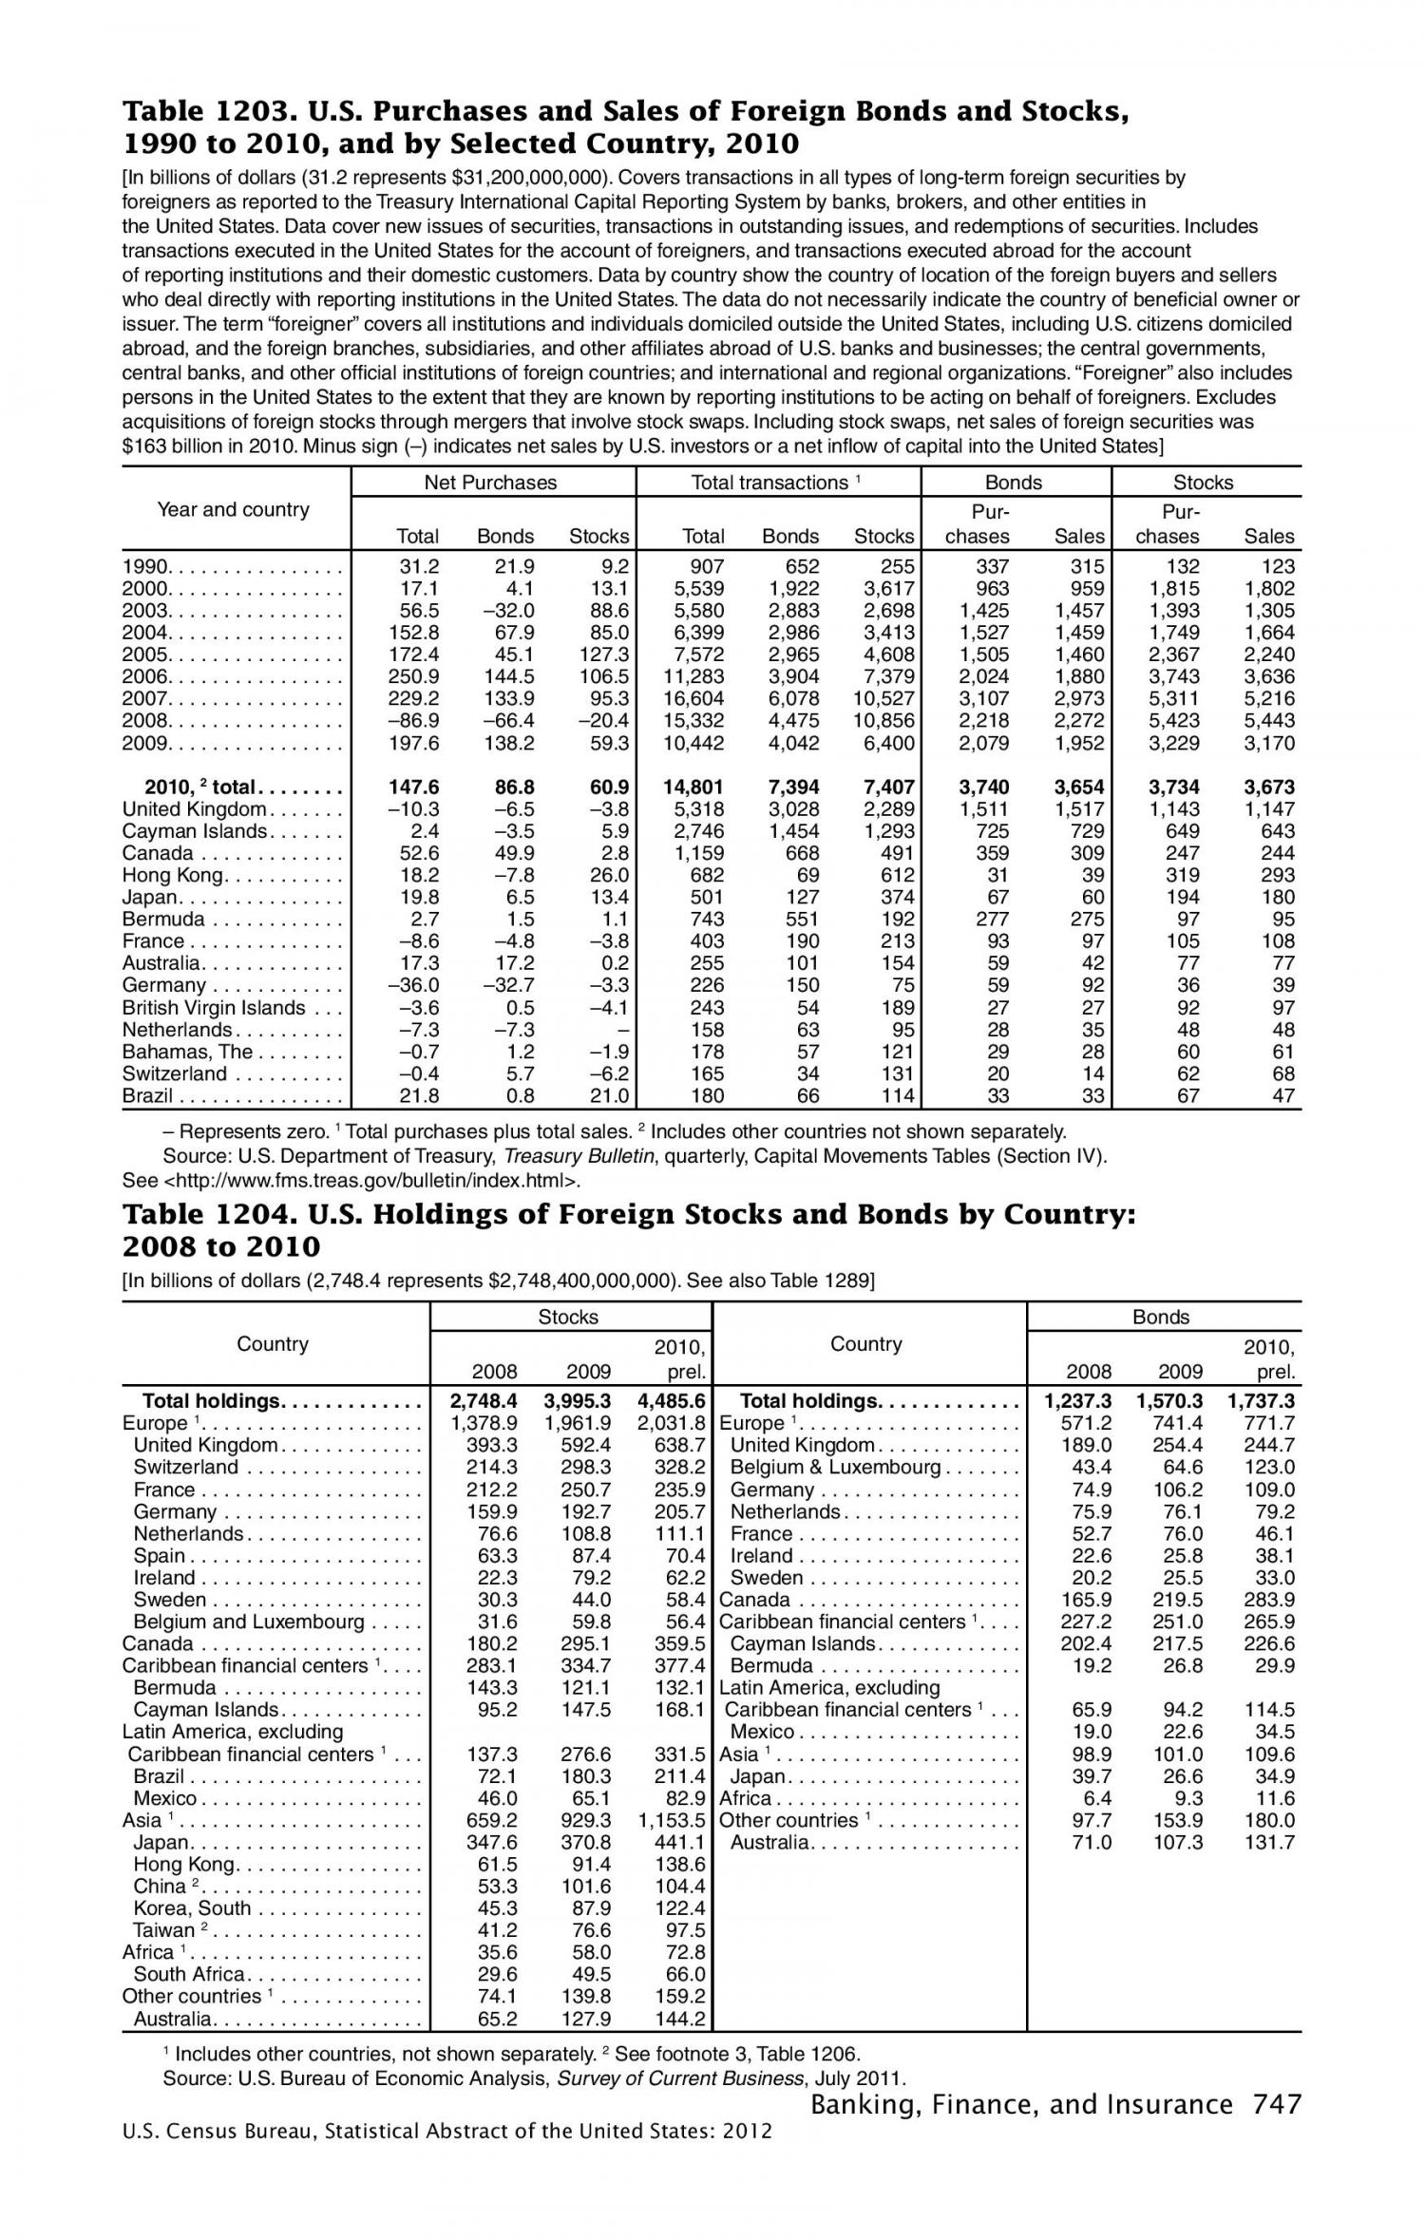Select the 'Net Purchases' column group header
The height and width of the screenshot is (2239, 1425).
[x=490, y=483]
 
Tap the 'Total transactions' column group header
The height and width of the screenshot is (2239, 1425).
[x=769, y=483]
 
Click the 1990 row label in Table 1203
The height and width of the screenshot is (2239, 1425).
[x=145, y=567]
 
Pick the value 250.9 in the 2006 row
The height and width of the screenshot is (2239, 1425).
[x=415, y=676]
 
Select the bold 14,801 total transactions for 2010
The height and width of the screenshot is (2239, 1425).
[x=693, y=787]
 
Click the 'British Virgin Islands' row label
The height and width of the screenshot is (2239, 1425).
[x=214, y=1008]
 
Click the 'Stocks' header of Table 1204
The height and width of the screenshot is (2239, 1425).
[x=568, y=1317]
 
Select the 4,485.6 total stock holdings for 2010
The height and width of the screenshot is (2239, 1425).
[x=672, y=1400]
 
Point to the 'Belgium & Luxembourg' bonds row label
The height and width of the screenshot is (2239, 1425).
[x=835, y=1468]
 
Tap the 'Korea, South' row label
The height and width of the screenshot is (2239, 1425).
[x=192, y=1908]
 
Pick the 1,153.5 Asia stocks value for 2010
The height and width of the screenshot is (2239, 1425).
[x=672, y=1820]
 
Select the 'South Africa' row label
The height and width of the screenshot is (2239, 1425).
[x=188, y=1974]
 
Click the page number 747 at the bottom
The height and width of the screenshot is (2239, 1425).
[x=1276, y=2105]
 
